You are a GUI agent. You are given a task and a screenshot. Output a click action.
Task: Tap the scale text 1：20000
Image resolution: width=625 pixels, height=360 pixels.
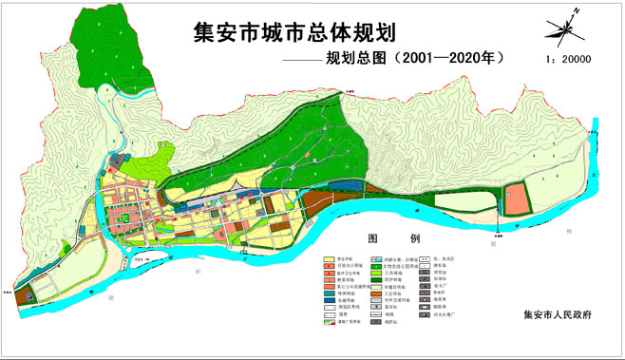566,58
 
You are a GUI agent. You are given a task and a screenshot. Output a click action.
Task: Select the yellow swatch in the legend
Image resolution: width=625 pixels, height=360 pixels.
329,258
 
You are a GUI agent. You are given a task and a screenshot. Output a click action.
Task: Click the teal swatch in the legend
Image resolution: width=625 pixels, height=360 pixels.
329,294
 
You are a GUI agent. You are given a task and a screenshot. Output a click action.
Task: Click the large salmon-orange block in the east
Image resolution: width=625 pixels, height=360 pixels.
516,201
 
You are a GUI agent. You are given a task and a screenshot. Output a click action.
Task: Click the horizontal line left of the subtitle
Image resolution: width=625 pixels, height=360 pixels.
300,59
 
